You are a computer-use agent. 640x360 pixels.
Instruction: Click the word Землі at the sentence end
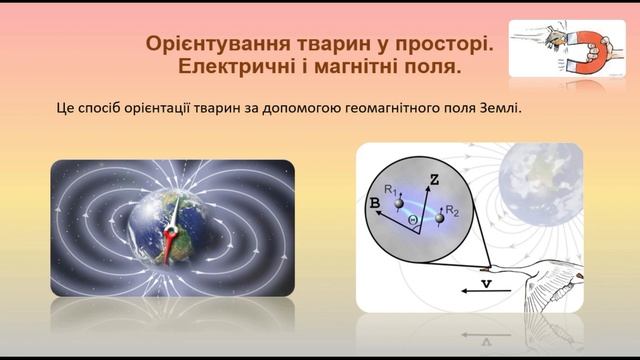[500, 107]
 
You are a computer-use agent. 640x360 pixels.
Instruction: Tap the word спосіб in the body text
[111, 107]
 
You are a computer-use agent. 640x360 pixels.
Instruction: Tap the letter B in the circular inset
[375, 203]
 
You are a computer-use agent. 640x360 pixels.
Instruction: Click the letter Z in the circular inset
[434, 181]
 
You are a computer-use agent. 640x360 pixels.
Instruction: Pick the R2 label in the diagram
[453, 212]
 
